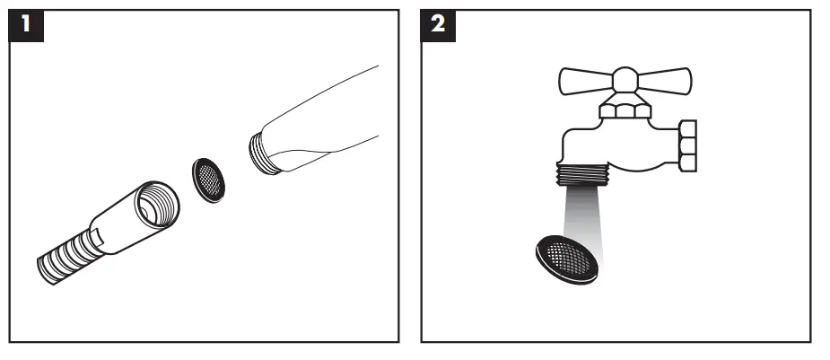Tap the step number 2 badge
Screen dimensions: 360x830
coord(437,24)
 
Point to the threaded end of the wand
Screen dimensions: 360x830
coord(263,149)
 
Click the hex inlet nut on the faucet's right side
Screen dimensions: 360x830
coord(687,145)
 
